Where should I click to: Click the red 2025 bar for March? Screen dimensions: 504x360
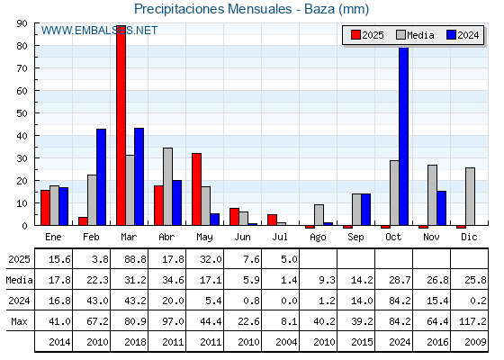tap(121, 125)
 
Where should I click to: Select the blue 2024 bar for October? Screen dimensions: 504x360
tap(404, 136)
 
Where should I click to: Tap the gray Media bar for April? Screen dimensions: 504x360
tap(167, 186)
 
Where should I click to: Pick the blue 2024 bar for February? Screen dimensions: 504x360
tap(101, 177)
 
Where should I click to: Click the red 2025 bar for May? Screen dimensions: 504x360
tap(197, 189)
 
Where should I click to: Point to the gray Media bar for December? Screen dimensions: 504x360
tap(470, 196)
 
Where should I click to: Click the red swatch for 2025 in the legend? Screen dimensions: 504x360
tap(355, 35)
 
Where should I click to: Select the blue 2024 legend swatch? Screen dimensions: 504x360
tap(451, 35)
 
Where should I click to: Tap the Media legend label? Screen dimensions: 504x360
tap(420, 35)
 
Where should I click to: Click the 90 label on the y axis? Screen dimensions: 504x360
tap(22, 23)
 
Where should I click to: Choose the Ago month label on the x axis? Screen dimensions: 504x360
tap(318, 238)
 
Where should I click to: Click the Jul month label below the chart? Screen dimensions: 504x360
tap(280, 237)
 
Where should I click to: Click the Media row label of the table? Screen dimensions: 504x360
tap(19, 280)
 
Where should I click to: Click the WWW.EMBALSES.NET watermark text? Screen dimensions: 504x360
tap(99, 31)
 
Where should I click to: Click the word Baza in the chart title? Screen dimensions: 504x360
tap(319, 9)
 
